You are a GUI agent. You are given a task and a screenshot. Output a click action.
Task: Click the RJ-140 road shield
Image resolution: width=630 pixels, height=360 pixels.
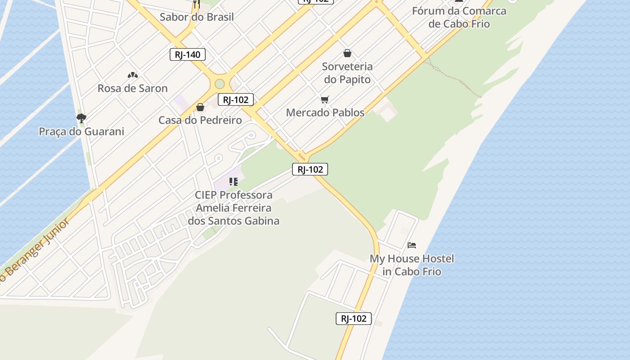tap(188, 55)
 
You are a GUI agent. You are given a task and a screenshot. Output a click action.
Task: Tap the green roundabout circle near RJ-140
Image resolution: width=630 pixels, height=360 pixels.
tap(220, 84)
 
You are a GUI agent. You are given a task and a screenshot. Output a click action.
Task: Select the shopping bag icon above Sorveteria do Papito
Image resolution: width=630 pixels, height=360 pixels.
tap(347, 54)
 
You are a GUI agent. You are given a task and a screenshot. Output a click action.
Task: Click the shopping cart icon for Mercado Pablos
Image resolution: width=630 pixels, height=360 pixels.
tap(325, 99)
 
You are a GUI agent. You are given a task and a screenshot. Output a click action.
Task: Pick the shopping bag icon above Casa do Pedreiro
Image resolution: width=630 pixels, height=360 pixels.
tap(200, 107)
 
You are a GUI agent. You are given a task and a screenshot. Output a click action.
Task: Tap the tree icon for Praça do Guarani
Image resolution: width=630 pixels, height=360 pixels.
tap(81, 118)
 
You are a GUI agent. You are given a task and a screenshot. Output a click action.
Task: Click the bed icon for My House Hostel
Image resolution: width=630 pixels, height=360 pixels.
tap(412, 245)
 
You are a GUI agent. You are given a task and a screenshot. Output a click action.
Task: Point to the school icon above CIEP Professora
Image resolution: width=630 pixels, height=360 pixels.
tap(233, 182)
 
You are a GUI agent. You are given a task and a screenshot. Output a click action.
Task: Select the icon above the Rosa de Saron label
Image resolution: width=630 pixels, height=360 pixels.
tap(132, 75)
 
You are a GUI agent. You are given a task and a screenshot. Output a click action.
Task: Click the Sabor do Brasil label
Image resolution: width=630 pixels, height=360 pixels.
tap(197, 17)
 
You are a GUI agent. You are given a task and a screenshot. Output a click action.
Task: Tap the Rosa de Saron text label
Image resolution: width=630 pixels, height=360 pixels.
tap(132, 88)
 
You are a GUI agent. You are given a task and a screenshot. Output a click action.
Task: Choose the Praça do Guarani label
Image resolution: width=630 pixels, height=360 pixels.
tap(81, 131)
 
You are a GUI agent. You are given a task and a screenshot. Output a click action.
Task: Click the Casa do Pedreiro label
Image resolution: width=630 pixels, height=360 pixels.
tap(200, 120)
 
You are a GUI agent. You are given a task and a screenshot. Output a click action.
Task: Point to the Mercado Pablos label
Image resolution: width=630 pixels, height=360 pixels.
tap(325, 112)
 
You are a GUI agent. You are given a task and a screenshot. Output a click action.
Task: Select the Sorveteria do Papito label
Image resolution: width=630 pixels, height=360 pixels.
tap(347, 73)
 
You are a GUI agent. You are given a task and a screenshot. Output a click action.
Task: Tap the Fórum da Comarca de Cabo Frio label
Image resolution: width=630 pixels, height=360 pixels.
tap(459, 17)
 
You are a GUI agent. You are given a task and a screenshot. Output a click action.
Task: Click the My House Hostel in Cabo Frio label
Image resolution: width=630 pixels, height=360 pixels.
tap(412, 265)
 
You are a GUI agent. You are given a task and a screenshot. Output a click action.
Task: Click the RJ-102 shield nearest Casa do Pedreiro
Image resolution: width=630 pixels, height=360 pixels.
tap(236, 100)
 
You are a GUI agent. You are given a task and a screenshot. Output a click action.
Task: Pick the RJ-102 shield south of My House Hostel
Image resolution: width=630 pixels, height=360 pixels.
tap(354, 319)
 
